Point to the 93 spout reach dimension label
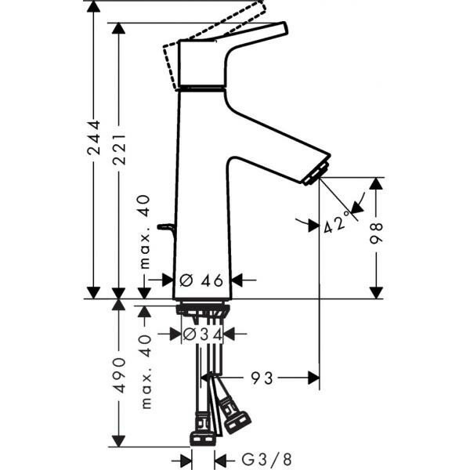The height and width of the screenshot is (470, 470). pyautogui.click(x=262, y=378)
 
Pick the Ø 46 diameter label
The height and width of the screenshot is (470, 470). pyautogui.click(x=202, y=280)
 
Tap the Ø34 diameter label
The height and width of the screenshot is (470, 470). pyautogui.click(x=202, y=334)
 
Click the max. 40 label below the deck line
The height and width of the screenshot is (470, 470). pyautogui.click(x=145, y=371)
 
